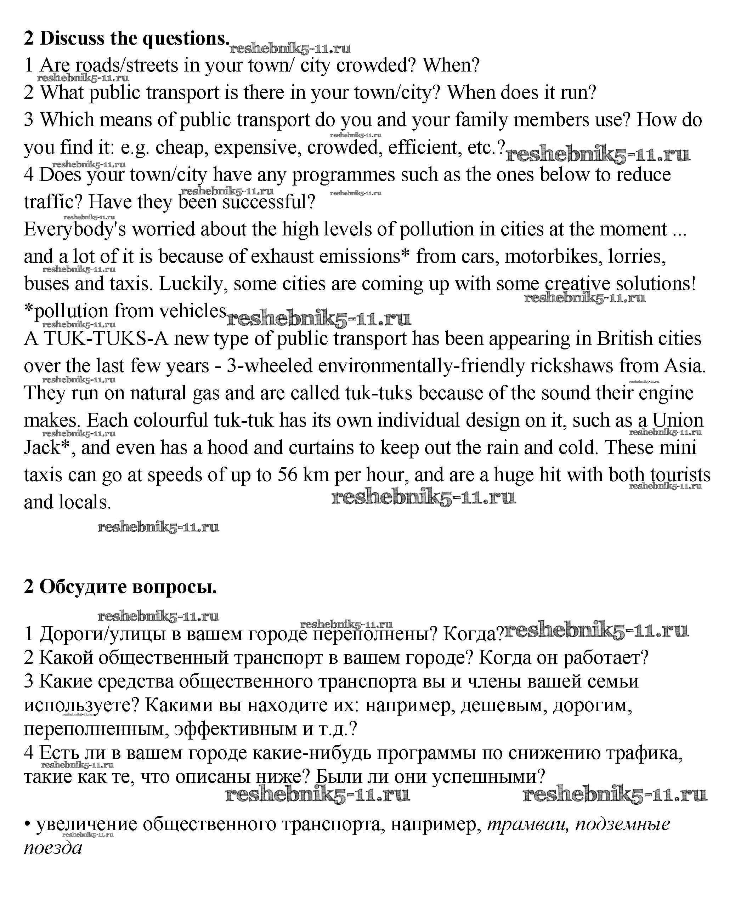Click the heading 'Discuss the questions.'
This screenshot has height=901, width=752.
click(x=134, y=39)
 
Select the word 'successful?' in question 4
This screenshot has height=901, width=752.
click(x=268, y=202)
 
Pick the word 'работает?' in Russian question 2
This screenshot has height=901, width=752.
click(x=605, y=658)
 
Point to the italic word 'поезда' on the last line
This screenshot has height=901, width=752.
click(x=53, y=848)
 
